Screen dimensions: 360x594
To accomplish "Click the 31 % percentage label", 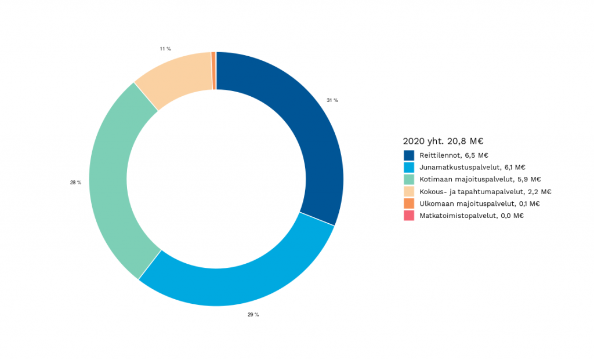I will click(332, 100).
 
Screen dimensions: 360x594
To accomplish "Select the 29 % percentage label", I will click(253, 315).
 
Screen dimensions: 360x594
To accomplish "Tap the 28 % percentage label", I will click(75, 183).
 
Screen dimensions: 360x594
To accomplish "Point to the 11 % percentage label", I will click(165, 49).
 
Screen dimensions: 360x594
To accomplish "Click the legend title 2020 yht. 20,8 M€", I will click(443, 141).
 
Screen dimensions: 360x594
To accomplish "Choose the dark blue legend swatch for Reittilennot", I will click(409, 155).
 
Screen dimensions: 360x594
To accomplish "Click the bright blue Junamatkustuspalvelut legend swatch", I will click(409, 167).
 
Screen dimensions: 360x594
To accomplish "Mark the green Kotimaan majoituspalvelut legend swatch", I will click(409, 179).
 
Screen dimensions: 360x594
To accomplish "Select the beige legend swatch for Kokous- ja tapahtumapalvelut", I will click(409, 191).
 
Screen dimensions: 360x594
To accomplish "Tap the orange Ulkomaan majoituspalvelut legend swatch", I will click(409, 203).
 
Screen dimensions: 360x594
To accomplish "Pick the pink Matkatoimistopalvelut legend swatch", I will click(409, 216).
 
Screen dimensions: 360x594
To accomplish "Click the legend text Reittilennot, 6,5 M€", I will click(454, 155).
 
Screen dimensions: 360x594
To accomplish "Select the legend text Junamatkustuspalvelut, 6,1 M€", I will click(473, 167).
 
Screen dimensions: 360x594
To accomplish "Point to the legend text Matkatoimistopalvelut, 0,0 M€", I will click(472, 216).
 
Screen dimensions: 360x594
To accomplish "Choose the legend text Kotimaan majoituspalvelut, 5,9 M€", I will click(480, 179).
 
